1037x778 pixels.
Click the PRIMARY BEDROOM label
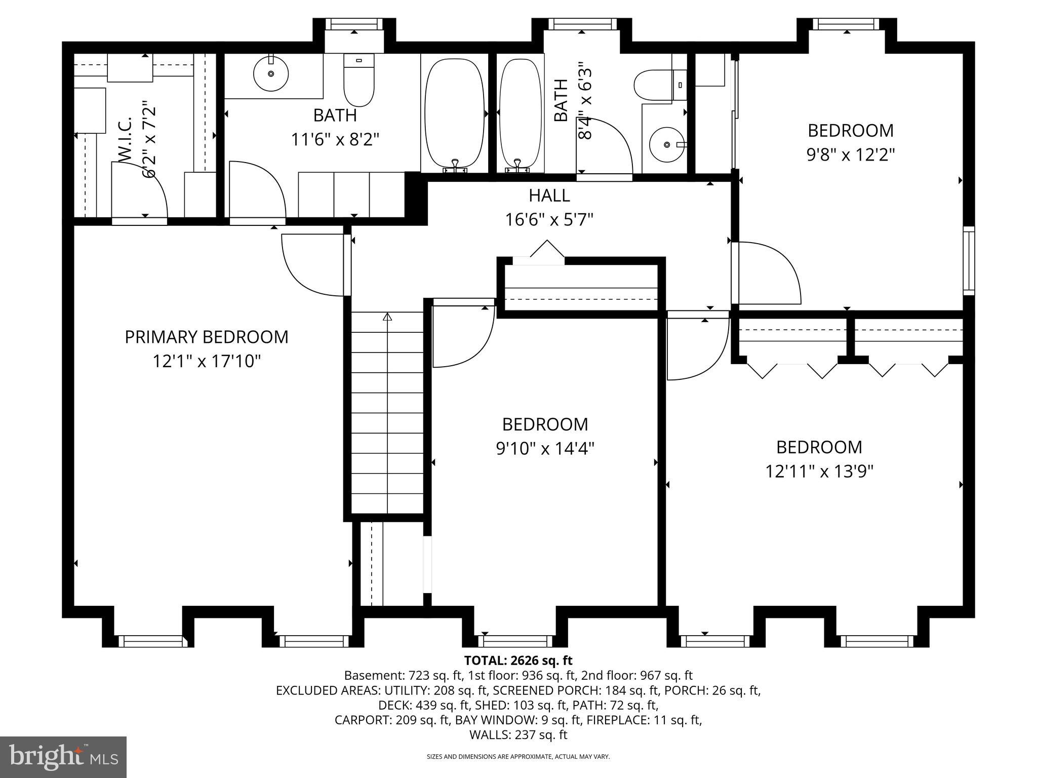[x=207, y=337]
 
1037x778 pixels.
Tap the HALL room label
[x=549, y=196]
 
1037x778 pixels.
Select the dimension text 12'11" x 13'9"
[x=819, y=472]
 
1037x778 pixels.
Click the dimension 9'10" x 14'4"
[x=545, y=448]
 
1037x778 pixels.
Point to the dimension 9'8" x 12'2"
[x=850, y=154]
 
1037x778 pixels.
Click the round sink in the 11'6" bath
[x=271, y=74]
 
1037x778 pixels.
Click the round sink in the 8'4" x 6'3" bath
[x=667, y=145]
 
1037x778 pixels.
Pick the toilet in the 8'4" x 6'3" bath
[x=654, y=86]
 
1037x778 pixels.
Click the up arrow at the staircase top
[x=387, y=318]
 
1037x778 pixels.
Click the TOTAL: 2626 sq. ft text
[x=518, y=660]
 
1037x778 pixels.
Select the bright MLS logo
[x=63, y=757]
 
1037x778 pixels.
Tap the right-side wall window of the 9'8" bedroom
[x=968, y=261]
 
